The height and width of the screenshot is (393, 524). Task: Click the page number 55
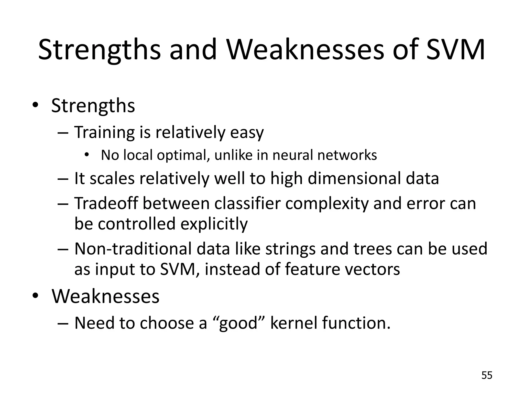pos(487,375)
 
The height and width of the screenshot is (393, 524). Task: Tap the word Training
pos(104,133)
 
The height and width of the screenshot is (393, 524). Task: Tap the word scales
pos(112,178)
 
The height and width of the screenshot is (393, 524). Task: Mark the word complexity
pos(327,204)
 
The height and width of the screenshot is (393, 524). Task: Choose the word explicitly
pos(214,224)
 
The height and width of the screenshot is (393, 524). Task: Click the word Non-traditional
pos(133,249)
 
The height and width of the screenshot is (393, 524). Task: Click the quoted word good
pos(238,323)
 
